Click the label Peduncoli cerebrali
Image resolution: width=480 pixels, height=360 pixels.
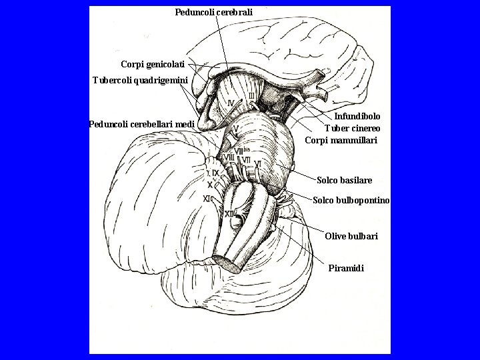214,12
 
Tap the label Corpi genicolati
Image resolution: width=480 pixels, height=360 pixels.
153,64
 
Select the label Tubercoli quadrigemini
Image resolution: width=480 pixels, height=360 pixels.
140,81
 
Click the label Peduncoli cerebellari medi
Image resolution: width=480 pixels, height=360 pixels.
141,124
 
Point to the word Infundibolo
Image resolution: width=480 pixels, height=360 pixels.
357,116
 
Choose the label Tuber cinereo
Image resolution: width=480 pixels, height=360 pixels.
353,128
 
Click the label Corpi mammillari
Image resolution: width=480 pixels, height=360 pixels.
341,141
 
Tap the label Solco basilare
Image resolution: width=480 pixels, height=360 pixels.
345,180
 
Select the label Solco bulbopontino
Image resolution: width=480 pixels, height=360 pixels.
351,201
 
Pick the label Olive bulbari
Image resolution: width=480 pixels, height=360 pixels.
351,237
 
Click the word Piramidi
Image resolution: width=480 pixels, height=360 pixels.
347,269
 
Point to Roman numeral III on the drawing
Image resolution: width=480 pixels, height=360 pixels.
251,97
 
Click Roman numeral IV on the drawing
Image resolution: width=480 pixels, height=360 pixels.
231,103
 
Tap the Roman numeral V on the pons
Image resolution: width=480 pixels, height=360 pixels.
236,129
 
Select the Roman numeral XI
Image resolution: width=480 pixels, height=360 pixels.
207,198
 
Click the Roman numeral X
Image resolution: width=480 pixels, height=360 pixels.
210,185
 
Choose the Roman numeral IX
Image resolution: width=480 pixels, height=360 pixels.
214,173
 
